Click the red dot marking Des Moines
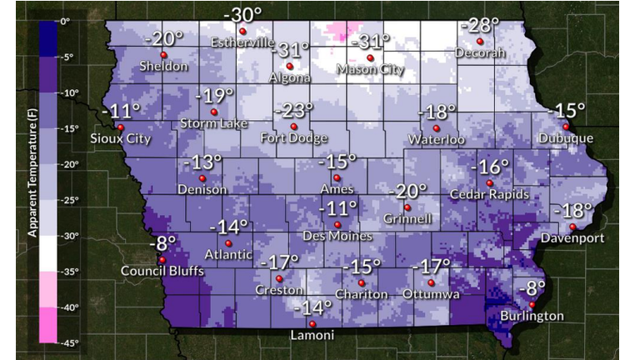click(337, 224)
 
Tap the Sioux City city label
click(121, 139)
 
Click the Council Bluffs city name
click(162, 271)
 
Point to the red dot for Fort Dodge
click(293, 127)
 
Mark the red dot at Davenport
click(573, 227)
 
